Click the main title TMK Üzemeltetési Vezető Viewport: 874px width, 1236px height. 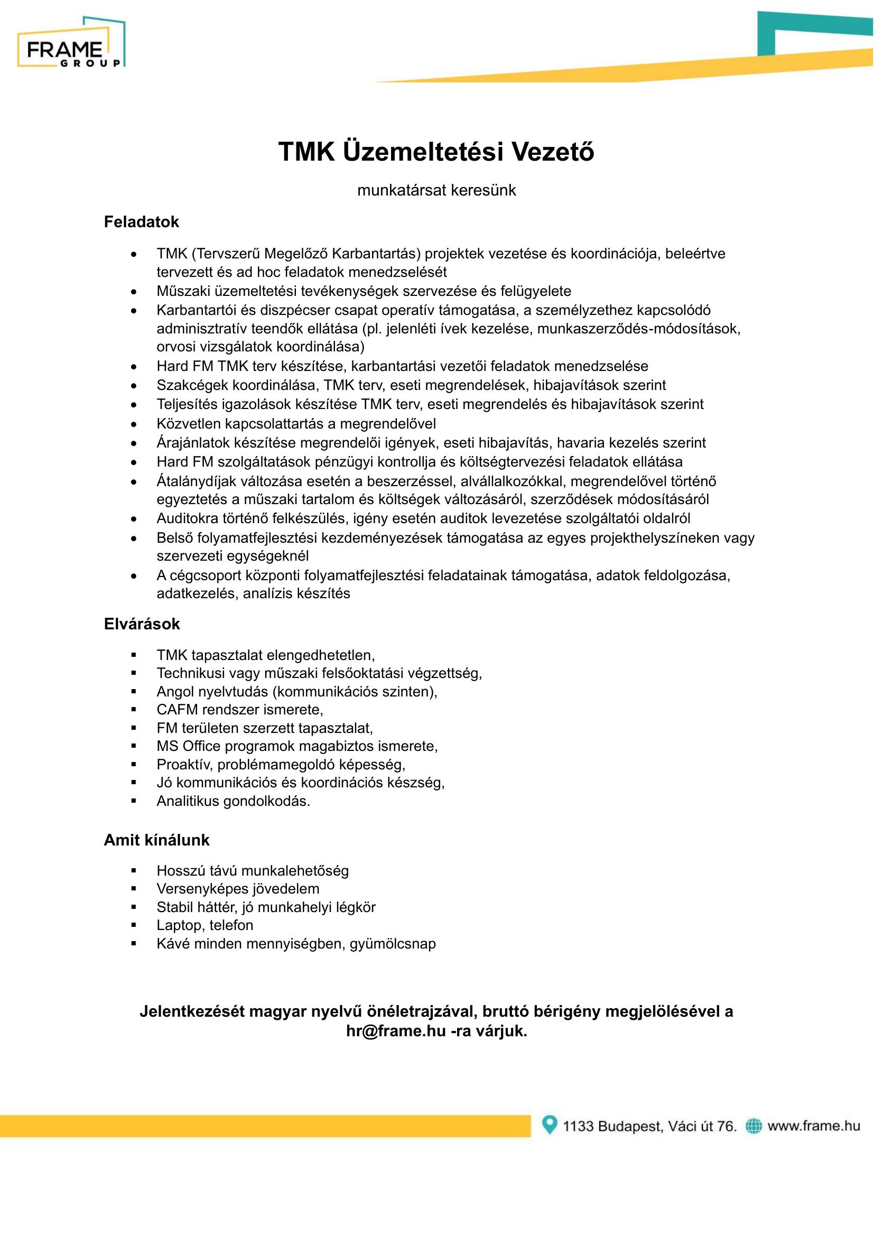[x=436, y=152]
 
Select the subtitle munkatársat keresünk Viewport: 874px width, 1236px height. [x=436, y=190]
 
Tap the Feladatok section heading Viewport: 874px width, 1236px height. [x=141, y=222]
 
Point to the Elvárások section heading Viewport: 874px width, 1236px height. [x=142, y=624]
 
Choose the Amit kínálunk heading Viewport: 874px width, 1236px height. [x=156, y=840]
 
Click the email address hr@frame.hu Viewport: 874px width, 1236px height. [x=396, y=1031]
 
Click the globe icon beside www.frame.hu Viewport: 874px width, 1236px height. [x=754, y=1126]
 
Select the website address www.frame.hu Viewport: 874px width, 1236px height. [x=814, y=1126]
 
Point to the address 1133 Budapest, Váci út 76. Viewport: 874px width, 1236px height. [x=649, y=1126]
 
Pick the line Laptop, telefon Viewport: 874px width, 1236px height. [x=204, y=925]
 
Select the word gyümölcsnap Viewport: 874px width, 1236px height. [x=392, y=943]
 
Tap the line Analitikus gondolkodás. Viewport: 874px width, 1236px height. [x=233, y=801]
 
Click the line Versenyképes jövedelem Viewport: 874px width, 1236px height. [x=238, y=889]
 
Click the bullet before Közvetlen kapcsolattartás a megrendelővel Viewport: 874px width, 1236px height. [x=134, y=424]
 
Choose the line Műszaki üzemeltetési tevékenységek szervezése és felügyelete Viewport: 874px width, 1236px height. [x=364, y=291]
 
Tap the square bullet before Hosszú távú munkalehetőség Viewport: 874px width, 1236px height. [x=134, y=870]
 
